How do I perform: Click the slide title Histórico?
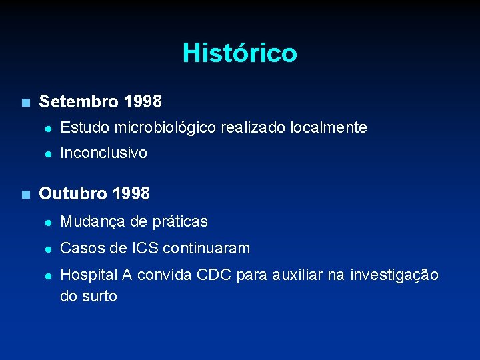pos(239,53)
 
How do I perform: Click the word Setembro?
pos(79,102)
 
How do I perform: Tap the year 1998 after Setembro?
pos(142,102)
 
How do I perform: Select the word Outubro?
pos(73,194)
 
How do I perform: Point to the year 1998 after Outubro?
pos(131,194)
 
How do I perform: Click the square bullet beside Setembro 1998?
pos(25,103)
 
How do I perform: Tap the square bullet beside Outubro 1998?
pos(25,195)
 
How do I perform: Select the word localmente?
pos(329,127)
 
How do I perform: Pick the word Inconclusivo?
pos(103,153)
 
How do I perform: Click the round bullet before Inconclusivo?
pos(47,153)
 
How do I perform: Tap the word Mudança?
pos(90,221)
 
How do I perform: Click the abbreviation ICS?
pos(145,249)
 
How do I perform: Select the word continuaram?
pos(207,249)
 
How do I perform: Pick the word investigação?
pos(395,275)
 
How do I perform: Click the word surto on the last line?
pos(99,296)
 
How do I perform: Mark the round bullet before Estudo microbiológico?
pos(47,128)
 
